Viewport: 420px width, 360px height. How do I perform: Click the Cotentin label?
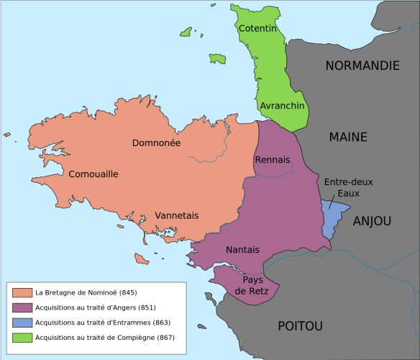coord(258,28)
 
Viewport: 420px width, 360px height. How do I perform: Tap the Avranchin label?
coord(283,105)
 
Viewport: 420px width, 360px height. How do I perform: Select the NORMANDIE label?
coord(362,66)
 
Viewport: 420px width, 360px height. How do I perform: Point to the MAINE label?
coord(348,137)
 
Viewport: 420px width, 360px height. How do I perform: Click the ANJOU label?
coord(372,221)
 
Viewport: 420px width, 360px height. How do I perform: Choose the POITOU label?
coord(300,326)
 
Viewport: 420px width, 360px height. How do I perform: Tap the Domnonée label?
coord(156,143)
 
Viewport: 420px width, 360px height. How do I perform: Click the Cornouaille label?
coord(93,174)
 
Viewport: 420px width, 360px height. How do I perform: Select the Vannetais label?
coord(176,215)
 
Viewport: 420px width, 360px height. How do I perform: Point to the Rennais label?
coord(273,159)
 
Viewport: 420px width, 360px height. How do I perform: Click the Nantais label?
coord(242,250)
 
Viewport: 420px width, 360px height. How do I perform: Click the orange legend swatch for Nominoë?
coord(22,293)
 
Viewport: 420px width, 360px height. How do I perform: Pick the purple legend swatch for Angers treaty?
coord(22,307)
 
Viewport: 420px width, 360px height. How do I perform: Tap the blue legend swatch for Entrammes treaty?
coord(22,323)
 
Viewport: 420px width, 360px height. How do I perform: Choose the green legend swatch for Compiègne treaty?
coord(22,337)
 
